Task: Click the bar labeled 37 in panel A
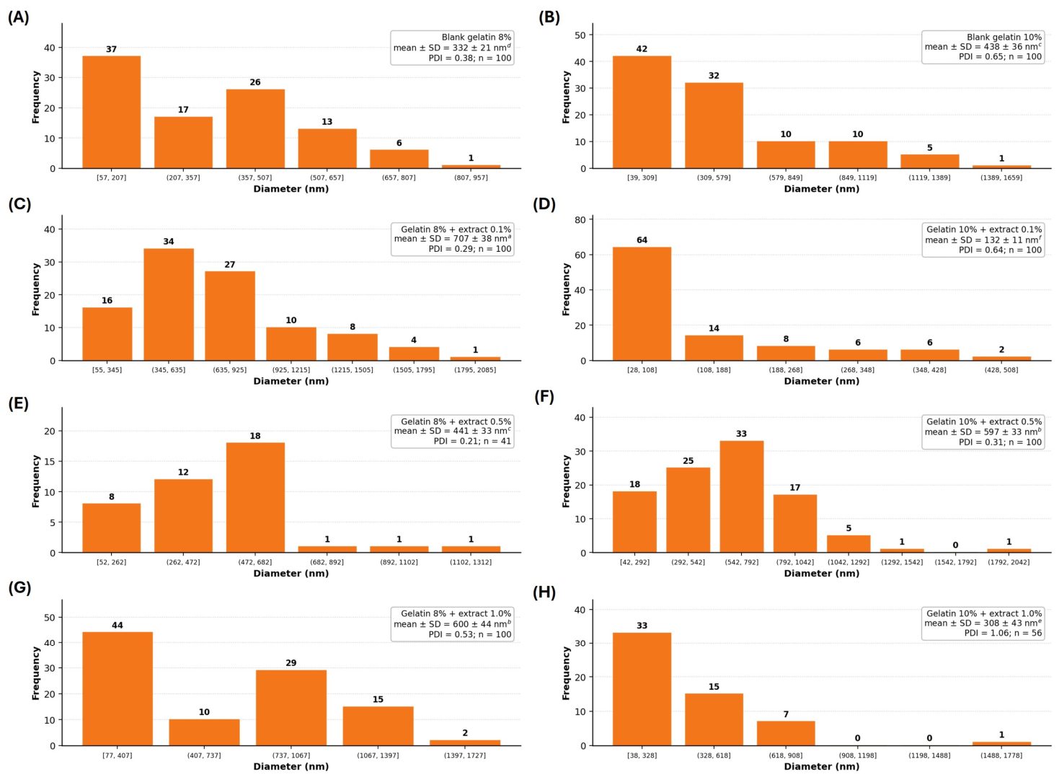coord(111,112)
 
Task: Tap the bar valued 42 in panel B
coord(642,112)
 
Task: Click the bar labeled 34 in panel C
coord(168,304)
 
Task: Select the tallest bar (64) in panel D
coord(642,304)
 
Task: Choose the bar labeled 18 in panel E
coord(255,497)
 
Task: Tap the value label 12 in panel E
coord(183,472)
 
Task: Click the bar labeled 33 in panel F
coord(741,496)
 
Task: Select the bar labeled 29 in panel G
coord(291,708)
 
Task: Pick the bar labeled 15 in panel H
coord(714,719)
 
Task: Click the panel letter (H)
coord(544,592)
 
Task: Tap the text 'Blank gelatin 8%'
coord(476,38)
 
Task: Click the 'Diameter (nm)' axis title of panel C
coord(291,381)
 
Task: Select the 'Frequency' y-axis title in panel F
coord(566,481)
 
